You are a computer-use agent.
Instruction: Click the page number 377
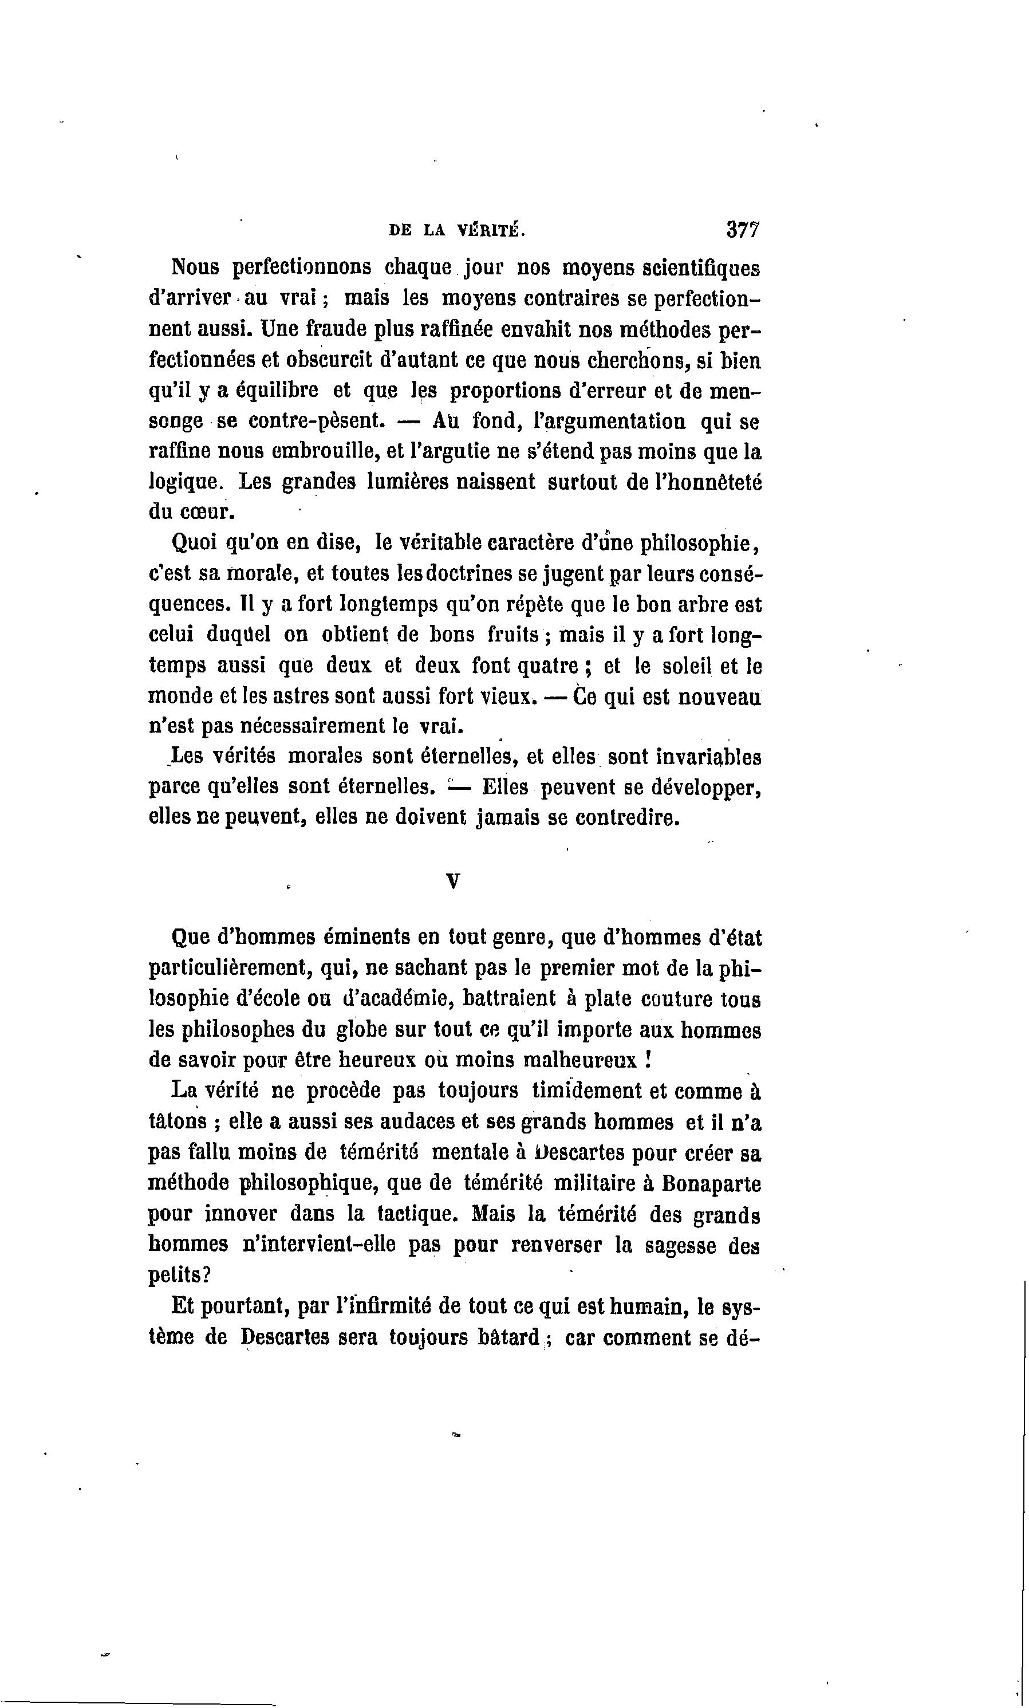coord(743,230)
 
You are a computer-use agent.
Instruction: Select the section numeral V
coord(453,881)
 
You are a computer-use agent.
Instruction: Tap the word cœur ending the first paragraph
coord(207,512)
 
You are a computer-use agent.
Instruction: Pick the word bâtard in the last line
coord(508,1337)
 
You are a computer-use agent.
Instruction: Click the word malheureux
coord(578,1061)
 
